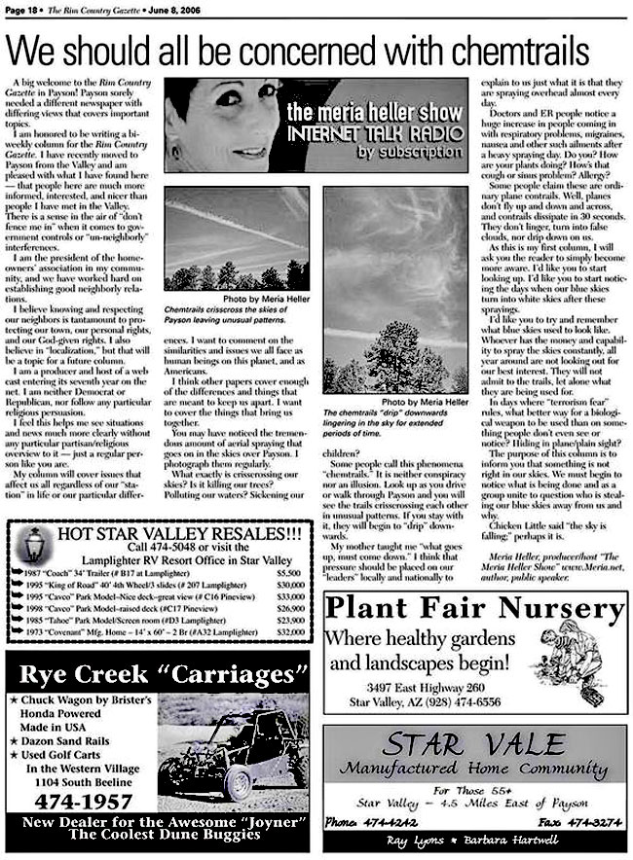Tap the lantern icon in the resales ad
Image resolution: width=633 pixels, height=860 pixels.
(x=34, y=548)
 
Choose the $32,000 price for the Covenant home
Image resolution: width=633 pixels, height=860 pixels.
(x=289, y=631)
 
